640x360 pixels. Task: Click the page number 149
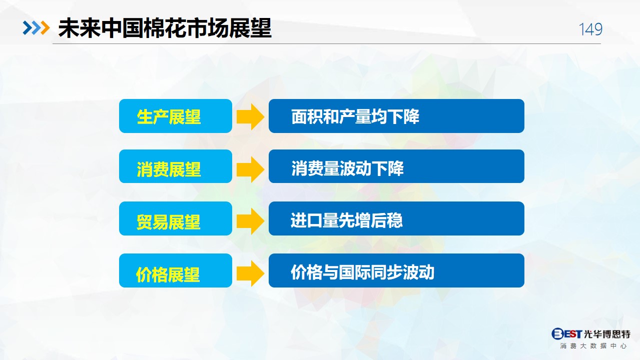(x=590, y=29)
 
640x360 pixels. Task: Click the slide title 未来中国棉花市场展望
(x=165, y=28)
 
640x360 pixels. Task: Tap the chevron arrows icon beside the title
(x=37, y=28)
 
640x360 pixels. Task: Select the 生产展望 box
(x=176, y=116)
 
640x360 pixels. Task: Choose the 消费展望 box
(x=176, y=166)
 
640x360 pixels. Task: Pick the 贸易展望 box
(x=176, y=218)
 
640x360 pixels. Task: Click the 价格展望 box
(x=176, y=270)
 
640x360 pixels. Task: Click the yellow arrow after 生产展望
(x=250, y=116)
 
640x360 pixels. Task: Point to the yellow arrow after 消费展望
(x=250, y=169)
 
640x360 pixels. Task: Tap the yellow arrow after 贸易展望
(x=250, y=221)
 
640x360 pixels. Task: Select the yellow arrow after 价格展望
(x=250, y=273)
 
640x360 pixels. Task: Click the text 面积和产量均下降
(x=355, y=116)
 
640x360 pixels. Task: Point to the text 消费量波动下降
(x=347, y=168)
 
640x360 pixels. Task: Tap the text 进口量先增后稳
(x=347, y=220)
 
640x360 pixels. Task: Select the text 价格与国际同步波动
(x=363, y=272)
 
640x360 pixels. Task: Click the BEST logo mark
(x=566, y=333)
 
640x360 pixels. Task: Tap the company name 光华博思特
(x=607, y=334)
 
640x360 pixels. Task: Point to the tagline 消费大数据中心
(x=593, y=346)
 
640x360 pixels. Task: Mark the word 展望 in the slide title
(x=250, y=28)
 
